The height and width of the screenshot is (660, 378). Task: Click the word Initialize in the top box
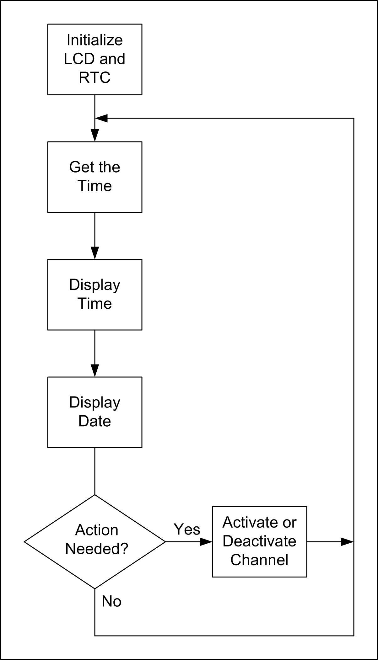94,40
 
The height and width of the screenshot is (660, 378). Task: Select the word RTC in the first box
94,78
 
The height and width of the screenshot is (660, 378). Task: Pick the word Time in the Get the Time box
94,186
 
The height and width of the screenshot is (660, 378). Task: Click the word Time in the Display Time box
94,304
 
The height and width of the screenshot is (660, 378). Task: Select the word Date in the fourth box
94,421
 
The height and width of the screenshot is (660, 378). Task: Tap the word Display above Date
94,402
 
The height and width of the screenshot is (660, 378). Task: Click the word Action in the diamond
97,530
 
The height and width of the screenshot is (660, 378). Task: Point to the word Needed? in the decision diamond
97,549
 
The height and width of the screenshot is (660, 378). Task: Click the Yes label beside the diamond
187,530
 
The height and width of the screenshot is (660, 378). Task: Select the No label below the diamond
111,602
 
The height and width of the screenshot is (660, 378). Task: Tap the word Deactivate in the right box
259,541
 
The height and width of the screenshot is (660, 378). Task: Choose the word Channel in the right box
259,560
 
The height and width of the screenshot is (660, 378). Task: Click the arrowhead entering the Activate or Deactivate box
206,542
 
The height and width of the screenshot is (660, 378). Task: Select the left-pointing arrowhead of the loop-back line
101,118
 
